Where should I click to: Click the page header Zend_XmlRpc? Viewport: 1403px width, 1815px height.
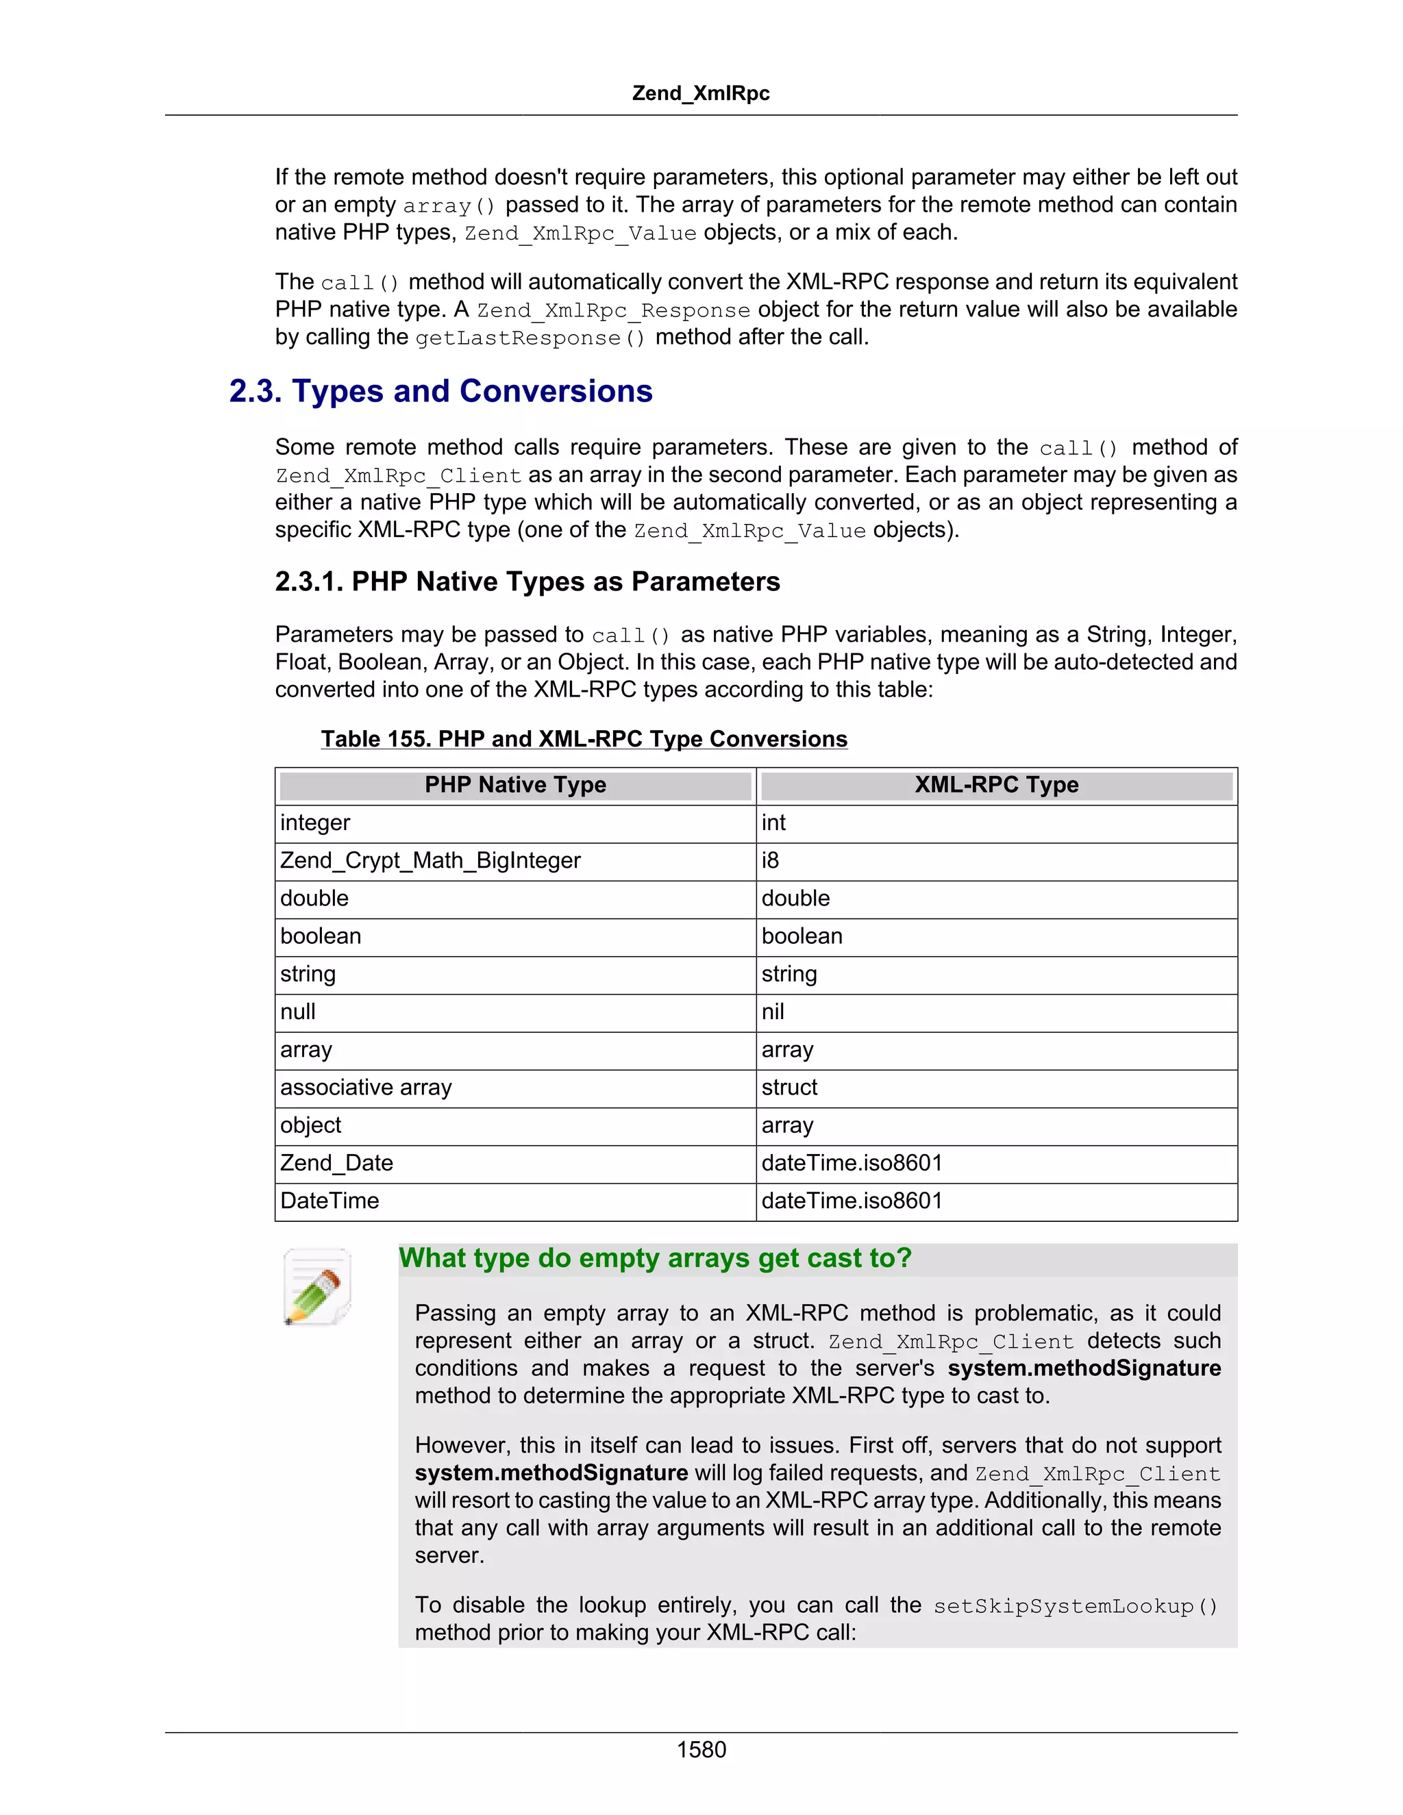click(701, 93)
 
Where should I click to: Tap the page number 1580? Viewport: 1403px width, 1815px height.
click(701, 1749)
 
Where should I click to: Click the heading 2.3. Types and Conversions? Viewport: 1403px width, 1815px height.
click(440, 390)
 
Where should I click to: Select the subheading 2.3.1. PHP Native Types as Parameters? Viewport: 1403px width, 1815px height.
click(527, 581)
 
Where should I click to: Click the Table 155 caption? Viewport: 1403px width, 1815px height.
click(584, 739)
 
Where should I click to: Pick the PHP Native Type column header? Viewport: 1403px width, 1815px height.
click(515, 784)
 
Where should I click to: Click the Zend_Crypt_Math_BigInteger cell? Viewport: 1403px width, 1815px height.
click(430, 860)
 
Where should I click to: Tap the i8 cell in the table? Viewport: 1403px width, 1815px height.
click(771, 860)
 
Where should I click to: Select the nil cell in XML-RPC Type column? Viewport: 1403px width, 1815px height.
click(773, 1012)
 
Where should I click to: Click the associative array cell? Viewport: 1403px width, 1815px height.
click(366, 1087)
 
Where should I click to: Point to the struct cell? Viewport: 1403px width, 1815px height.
click(789, 1087)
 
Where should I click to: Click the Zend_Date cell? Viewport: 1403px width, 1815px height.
click(336, 1163)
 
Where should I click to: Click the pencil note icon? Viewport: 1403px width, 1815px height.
click(316, 1286)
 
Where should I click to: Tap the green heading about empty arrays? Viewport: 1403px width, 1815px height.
click(655, 1258)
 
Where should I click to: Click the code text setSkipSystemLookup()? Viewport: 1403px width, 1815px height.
click(1076, 1606)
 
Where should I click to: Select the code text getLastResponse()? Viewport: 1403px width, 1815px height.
click(530, 338)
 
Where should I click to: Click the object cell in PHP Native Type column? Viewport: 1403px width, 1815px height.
click(310, 1125)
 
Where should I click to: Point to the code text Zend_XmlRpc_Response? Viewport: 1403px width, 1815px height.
click(612, 311)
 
